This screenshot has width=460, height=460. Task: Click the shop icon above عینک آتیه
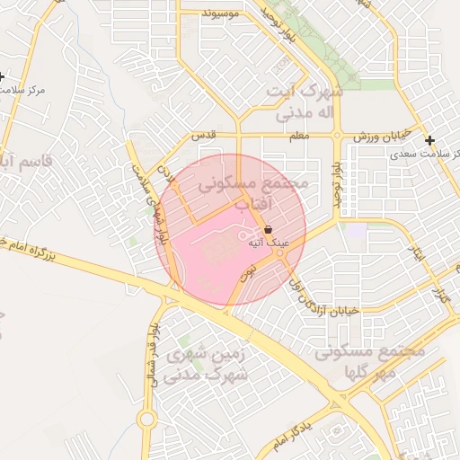(268, 231)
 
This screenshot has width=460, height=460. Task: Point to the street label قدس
(205, 136)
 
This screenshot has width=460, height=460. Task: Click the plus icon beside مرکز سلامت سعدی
(430, 140)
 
